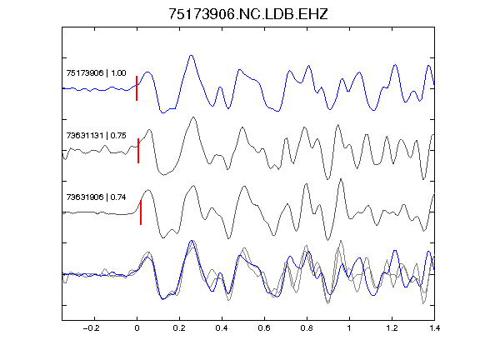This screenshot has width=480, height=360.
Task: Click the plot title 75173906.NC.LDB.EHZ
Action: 248,14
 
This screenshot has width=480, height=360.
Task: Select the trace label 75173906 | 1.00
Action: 96,73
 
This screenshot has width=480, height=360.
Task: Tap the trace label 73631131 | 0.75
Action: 96,136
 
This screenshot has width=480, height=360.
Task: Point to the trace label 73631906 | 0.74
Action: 96,197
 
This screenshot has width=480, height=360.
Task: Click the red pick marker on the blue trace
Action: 137,88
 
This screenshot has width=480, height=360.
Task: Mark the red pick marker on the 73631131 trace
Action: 138,151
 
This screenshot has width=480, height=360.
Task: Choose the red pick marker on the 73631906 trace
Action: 141,212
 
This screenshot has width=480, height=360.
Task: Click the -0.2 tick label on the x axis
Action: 92,328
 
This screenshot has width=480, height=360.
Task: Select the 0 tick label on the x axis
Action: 137,328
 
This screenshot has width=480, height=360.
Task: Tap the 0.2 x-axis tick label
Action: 179,328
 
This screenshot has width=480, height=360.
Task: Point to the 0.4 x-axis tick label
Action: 222,328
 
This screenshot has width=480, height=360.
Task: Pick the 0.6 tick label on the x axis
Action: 264,328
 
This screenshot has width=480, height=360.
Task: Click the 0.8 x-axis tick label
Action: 307,328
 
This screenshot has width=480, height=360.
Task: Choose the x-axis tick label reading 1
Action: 349,328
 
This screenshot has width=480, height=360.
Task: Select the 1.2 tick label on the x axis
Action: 392,328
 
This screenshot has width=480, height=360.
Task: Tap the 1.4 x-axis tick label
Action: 434,328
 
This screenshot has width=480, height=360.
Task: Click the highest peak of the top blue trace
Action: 192,55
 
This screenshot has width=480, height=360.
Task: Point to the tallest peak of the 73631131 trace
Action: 193,117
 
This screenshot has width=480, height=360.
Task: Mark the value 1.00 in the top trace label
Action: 118,73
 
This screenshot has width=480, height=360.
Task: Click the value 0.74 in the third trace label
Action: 118,197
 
